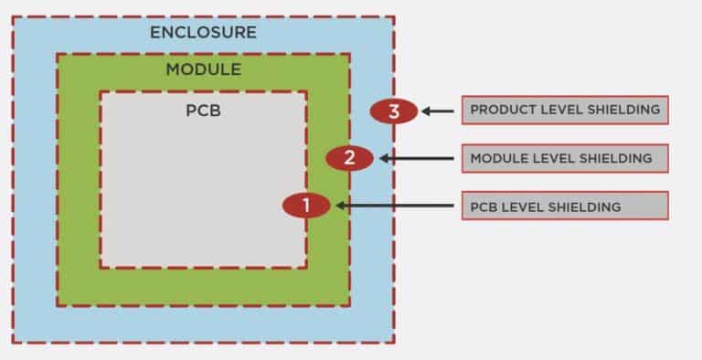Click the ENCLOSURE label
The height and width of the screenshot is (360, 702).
[203, 33]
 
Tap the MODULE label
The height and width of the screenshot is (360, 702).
[203, 69]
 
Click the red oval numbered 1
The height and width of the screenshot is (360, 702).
[306, 206]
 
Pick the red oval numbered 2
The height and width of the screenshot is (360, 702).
[349, 158]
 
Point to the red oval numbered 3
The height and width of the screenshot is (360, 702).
[394, 111]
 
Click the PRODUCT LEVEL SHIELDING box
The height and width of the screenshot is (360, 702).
[564, 110]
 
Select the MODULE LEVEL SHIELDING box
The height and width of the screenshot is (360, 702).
[564, 158]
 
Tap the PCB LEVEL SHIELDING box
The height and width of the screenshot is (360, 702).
[564, 206]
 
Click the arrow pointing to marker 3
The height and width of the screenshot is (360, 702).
[438, 111]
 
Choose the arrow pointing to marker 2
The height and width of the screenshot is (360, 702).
[416, 158]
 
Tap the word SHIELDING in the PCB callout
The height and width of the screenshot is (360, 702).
[585, 206]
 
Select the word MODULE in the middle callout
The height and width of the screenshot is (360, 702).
[496, 158]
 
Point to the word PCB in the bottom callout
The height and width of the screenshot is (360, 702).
[484, 206]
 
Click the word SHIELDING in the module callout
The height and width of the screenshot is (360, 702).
[616, 158]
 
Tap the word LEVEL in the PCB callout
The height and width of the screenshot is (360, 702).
[524, 206]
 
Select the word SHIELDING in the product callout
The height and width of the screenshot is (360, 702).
[622, 110]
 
